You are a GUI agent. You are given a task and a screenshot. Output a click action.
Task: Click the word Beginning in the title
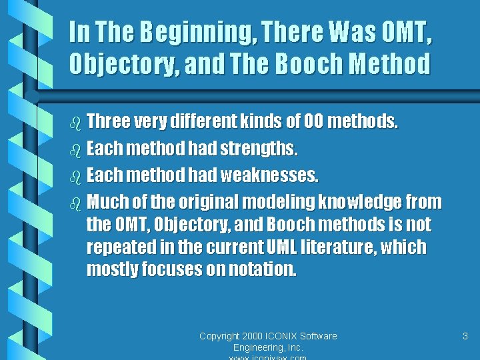(x=187, y=31)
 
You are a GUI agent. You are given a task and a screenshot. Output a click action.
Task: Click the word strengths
(x=257, y=149)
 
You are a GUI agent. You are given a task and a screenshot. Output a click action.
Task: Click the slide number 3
(x=465, y=336)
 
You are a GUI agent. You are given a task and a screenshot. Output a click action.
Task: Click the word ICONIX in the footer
(x=283, y=336)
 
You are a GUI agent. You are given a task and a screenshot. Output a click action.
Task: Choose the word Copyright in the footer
(x=221, y=336)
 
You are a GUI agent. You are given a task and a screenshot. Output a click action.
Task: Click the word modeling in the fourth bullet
(x=279, y=201)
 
